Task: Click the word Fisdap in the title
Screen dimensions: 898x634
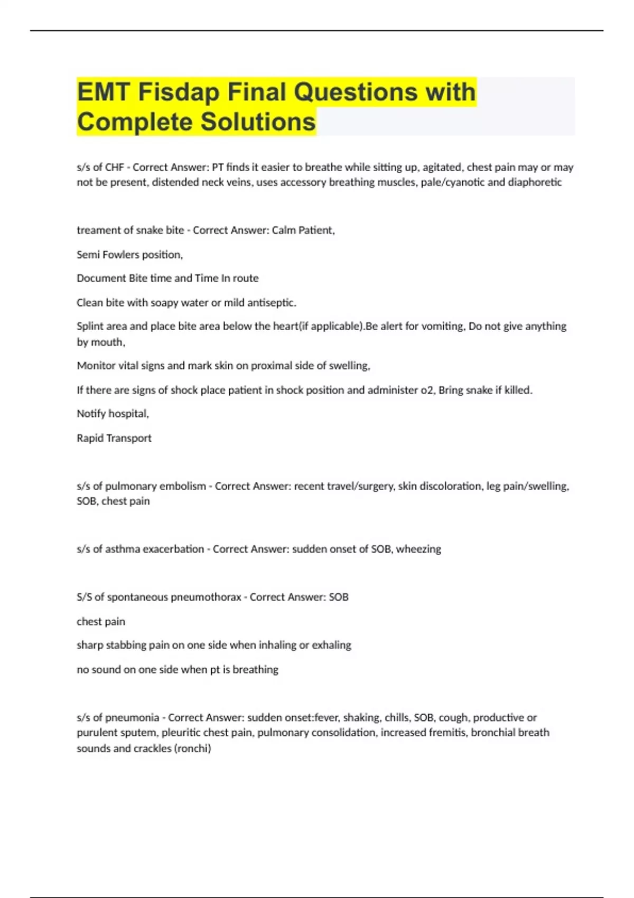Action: [179, 92]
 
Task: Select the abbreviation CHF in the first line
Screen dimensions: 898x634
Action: [115, 167]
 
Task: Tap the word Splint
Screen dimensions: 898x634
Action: [89, 326]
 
